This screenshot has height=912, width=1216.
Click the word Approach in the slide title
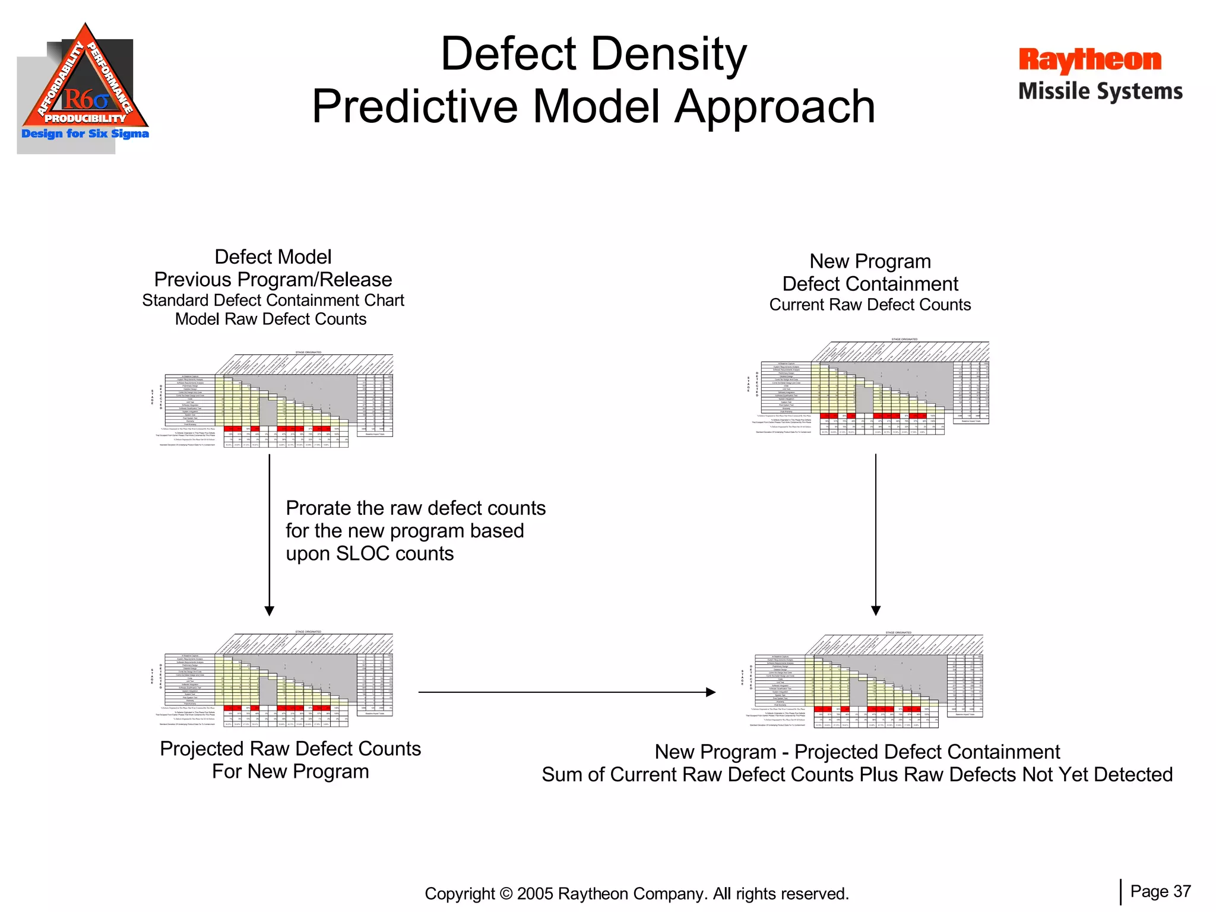[775, 107]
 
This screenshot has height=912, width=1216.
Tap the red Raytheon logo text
[1090, 61]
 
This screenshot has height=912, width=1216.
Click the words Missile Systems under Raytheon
[1100, 91]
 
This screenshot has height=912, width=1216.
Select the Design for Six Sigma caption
[85, 134]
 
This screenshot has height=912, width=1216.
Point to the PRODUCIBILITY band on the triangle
[85, 118]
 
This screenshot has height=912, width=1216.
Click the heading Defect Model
[273, 257]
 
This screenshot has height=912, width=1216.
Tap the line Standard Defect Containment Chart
[273, 300]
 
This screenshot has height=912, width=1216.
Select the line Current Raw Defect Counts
[870, 305]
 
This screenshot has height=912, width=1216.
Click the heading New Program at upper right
[870, 261]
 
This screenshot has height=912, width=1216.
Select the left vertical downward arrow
[270, 534]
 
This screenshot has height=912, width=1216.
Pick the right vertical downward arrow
[876, 534]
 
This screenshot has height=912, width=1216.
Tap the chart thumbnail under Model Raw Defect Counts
[273, 401]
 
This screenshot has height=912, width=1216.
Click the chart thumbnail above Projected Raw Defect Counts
[273, 680]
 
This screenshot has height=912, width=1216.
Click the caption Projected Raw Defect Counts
[290, 749]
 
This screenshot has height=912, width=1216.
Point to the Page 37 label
[1160, 891]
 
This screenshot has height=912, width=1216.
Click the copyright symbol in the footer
[506, 894]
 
